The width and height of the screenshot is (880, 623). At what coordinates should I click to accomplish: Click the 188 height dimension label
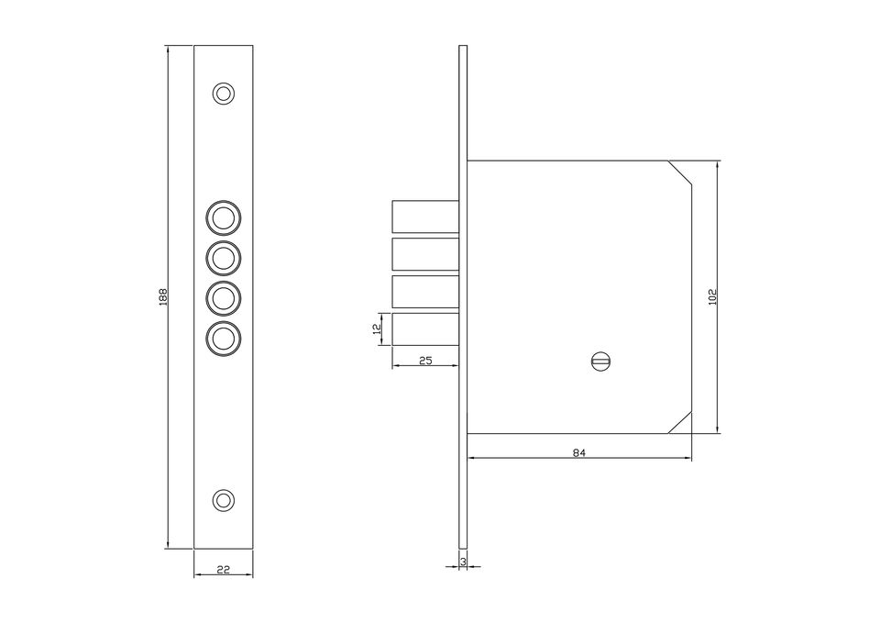point(163,296)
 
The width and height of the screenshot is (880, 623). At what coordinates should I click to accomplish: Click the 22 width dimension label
point(224,570)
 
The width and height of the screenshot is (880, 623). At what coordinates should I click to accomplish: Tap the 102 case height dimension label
point(713,296)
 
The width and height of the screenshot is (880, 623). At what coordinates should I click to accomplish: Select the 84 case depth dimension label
point(579,452)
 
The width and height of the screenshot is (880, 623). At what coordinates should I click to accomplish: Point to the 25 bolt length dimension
point(425,360)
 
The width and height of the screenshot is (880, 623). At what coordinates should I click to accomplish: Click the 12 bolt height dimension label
point(377,329)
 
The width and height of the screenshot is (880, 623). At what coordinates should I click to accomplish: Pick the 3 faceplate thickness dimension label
point(463,562)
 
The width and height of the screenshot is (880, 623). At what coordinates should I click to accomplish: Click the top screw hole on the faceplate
point(224,94)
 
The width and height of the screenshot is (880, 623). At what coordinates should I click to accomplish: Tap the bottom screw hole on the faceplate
point(224,500)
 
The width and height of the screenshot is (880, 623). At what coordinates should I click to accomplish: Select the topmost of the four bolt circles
point(224,217)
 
